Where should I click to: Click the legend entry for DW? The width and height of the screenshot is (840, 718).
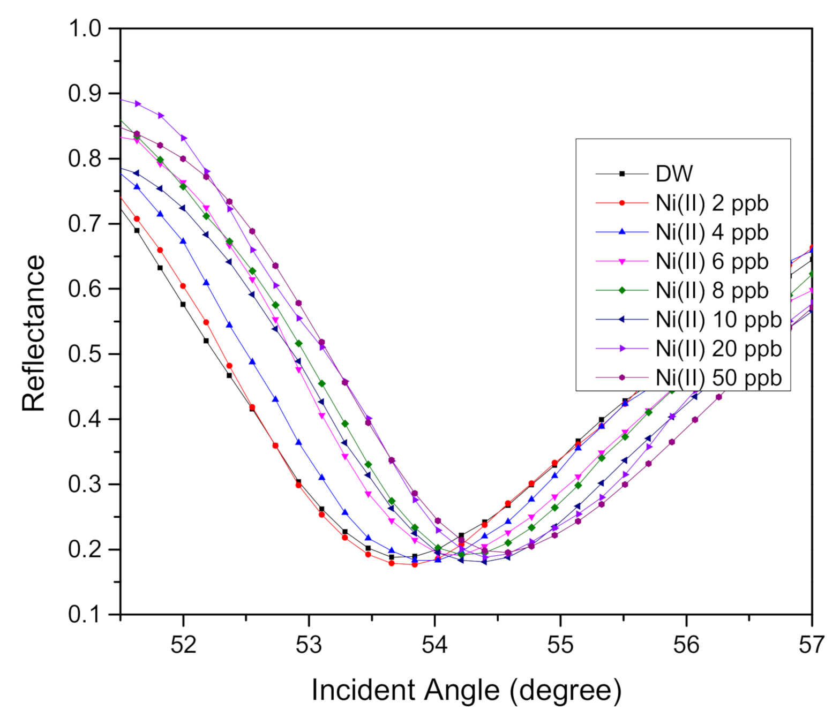674,173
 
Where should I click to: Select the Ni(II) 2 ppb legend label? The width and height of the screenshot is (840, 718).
712,203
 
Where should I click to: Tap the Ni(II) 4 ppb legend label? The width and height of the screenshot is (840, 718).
712,232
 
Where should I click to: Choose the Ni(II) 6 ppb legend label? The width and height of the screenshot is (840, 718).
712,261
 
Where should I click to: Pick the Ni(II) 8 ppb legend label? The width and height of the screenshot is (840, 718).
712,291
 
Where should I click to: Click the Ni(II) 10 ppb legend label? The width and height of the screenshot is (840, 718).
718,320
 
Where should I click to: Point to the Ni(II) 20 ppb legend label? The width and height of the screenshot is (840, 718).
718,349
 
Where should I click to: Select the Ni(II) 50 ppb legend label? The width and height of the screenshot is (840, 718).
718,378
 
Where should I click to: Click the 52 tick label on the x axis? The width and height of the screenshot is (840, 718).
183,645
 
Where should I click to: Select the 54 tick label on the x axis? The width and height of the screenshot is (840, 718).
434,645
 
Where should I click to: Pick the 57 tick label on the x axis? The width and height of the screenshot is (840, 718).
811,645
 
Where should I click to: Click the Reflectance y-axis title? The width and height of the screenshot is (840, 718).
34,333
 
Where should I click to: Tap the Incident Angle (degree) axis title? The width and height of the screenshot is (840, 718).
466,690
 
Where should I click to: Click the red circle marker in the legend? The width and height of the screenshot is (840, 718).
622,203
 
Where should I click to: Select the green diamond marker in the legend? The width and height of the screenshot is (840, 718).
622,291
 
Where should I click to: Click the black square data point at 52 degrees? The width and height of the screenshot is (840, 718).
183,304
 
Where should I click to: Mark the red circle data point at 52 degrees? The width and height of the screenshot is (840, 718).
183,286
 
